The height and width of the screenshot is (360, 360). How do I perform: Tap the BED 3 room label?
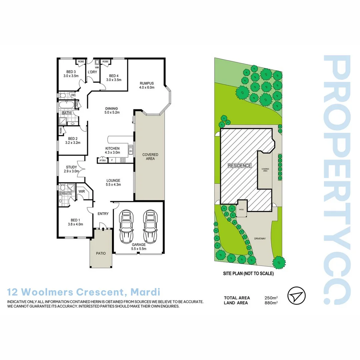(71, 72)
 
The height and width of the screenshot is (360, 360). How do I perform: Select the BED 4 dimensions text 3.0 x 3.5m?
(114, 80)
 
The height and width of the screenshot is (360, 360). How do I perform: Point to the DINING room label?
(112, 108)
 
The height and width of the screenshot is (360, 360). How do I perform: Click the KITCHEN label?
(112, 148)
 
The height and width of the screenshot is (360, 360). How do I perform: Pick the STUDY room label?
(71, 167)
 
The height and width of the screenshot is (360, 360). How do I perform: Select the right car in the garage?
(150, 227)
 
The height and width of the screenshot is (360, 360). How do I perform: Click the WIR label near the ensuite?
(81, 192)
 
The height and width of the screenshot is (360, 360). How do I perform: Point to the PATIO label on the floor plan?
(101, 253)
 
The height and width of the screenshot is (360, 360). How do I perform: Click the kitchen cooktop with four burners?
(123, 160)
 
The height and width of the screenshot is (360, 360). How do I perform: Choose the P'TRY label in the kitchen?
(102, 161)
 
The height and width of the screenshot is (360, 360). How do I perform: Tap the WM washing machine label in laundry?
(97, 67)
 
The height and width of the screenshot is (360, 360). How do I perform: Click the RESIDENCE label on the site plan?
(240, 165)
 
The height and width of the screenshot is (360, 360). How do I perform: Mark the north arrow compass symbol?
(296, 295)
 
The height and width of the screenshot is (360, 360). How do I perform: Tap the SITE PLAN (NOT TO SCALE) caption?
(248, 274)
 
